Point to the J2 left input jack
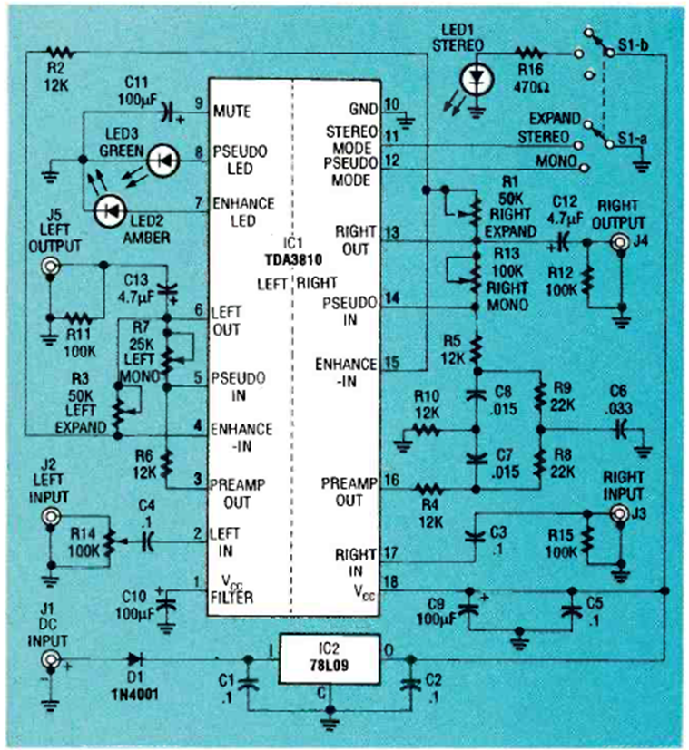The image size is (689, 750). pos(52,517)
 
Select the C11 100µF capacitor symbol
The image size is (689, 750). pos(166,112)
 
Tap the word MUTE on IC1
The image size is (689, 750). pos(231,112)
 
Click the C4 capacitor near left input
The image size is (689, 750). pos(147,541)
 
